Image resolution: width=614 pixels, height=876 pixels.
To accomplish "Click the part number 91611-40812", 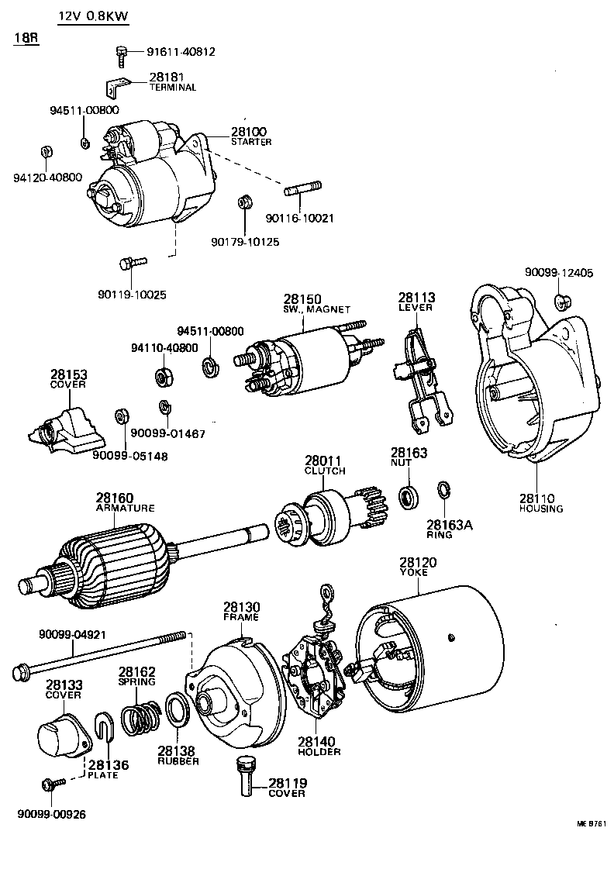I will click(x=181, y=52).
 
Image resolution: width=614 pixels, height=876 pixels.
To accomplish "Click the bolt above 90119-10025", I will click(x=128, y=264).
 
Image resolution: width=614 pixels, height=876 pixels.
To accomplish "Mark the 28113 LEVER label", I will click(x=416, y=302).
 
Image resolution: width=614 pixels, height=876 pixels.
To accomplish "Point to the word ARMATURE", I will click(x=125, y=508).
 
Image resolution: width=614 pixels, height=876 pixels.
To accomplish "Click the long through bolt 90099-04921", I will click(x=101, y=654).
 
